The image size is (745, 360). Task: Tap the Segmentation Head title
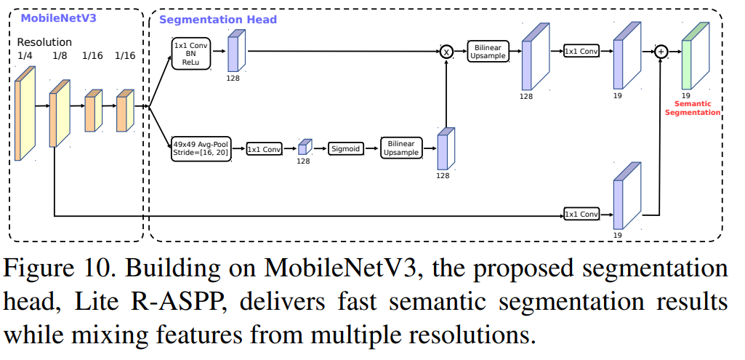tap(217, 20)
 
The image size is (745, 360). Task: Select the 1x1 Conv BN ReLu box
tap(191, 54)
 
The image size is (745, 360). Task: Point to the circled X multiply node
tap(447, 52)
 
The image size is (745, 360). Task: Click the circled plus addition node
tap(661, 52)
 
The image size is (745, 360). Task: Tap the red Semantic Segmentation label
tap(692, 108)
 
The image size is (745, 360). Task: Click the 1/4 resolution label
tap(24, 55)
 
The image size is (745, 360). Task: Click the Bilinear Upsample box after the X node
tap(488, 51)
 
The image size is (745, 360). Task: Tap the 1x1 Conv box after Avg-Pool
tap(263, 149)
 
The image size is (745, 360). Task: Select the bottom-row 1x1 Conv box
tap(581, 215)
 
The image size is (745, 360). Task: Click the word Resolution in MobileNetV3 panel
tap(44, 42)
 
